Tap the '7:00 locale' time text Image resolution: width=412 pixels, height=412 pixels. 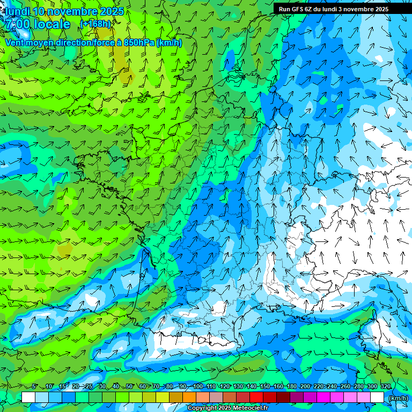(x=37, y=24)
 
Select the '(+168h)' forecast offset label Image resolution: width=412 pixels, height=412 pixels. (x=95, y=24)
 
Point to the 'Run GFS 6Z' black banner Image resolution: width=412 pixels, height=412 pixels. (x=338, y=9)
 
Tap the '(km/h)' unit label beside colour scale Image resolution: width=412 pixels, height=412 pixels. (x=398, y=398)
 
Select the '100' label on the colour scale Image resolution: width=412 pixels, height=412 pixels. (x=198, y=387)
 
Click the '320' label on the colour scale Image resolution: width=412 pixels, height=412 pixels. (x=386, y=387)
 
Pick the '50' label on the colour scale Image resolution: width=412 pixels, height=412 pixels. (x=129, y=387)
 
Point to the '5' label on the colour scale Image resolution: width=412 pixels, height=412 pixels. (x=34, y=387)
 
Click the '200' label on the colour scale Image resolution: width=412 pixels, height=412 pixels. (x=305, y=387)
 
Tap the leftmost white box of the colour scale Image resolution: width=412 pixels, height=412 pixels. (x=28, y=398)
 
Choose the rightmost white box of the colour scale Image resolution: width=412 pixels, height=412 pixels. (x=377, y=398)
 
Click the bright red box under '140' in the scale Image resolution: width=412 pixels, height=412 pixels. (x=256, y=398)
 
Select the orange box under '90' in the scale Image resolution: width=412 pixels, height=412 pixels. (x=189, y=398)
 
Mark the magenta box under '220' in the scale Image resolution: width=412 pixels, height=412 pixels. (x=323, y=398)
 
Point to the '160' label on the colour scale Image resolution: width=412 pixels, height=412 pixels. (x=278, y=387)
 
